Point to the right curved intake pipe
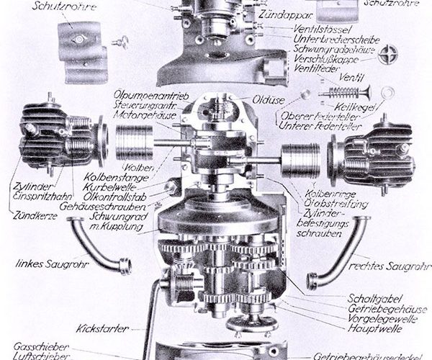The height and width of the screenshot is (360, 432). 338,249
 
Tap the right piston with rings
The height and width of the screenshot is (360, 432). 301,160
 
